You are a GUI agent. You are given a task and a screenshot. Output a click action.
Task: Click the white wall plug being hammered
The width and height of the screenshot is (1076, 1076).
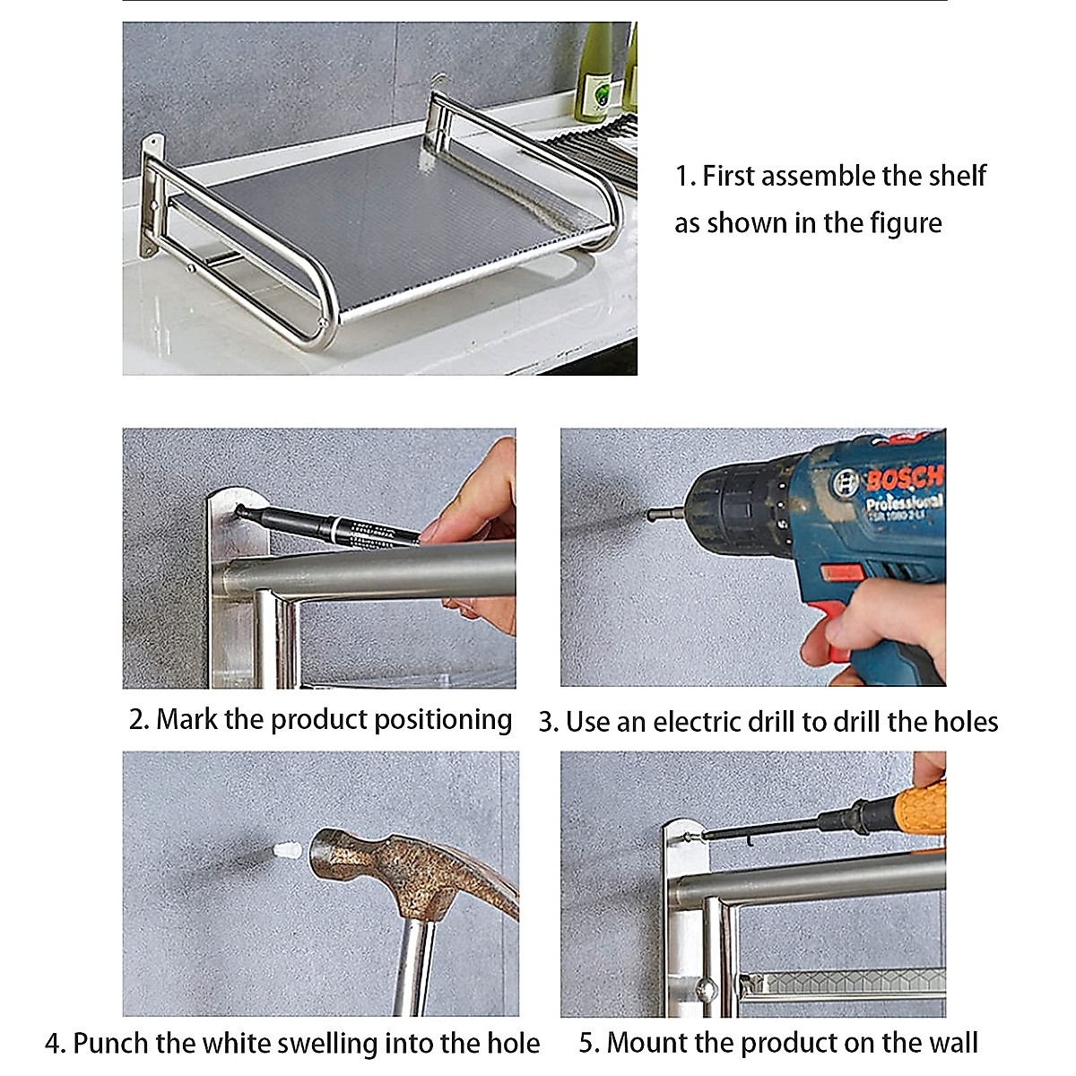point(286,849)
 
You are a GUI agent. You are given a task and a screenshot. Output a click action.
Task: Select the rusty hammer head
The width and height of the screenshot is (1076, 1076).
point(403,874)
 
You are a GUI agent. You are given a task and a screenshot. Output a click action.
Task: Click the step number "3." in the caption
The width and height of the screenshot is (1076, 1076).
point(548,723)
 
